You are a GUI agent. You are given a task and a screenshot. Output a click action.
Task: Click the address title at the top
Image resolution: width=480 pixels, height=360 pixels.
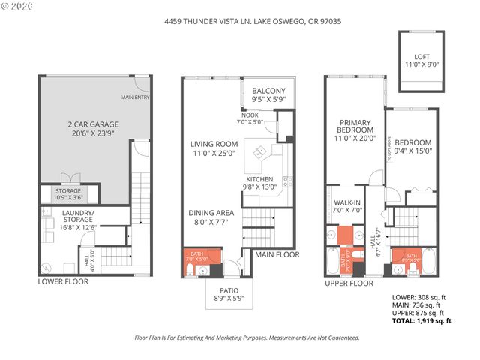pos(239,22)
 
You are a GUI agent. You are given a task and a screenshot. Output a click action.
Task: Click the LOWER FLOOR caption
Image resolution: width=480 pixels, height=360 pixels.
pos(63,281)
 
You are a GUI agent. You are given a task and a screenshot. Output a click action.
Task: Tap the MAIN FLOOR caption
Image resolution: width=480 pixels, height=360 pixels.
pos(277,254)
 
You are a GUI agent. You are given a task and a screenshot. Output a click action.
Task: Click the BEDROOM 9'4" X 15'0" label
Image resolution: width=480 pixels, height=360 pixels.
pos(414,147)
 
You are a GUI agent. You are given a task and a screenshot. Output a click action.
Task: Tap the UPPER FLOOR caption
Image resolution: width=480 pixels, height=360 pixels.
pos(349,283)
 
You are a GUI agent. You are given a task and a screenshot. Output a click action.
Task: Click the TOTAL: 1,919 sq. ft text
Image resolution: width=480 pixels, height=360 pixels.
pos(422,320)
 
